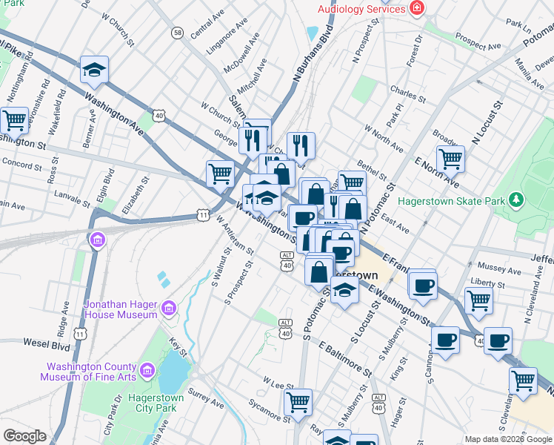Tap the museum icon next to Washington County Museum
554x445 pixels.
(147, 369)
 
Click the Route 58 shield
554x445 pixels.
(177, 33)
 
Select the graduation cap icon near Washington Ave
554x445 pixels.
(95, 70)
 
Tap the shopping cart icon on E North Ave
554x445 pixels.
(450, 158)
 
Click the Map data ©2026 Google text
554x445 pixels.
(507, 439)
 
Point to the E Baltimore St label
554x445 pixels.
(345, 357)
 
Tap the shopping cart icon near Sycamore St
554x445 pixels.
(298, 403)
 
